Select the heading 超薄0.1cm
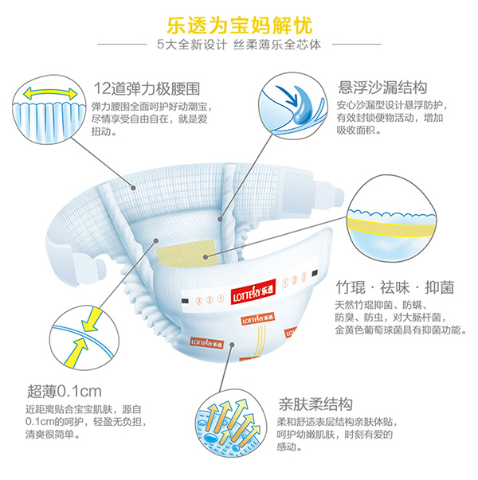(64, 391)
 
